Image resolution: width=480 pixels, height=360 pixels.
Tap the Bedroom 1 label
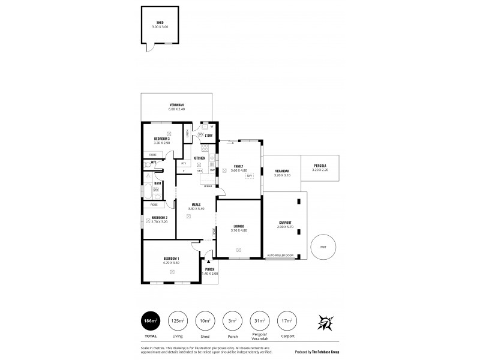[172, 259]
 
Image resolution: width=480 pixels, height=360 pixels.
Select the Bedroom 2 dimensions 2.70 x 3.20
[159, 222]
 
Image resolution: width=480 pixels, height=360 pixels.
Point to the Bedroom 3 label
[161, 139]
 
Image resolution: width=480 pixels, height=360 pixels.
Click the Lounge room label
[239, 226]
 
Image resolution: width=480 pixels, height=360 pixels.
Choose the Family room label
[239, 166]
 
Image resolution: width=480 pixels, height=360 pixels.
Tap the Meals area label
[196, 204]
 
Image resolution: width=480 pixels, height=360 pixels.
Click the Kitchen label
[199, 158]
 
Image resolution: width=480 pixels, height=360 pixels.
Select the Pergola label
[320, 166]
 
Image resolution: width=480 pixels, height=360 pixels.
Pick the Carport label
[284, 223]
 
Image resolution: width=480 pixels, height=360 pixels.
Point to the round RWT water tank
[323, 247]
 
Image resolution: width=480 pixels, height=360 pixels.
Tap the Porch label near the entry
[209, 269]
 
